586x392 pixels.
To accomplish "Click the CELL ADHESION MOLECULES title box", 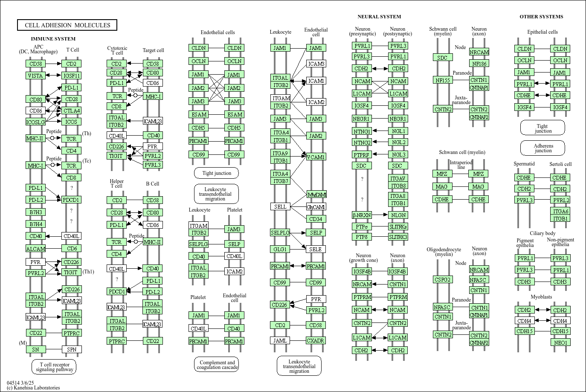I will pyautogui.click(x=67, y=25).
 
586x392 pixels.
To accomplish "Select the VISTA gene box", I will pyautogui.click(x=35, y=75).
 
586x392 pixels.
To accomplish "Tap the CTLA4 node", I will pyautogui.click(x=71, y=110).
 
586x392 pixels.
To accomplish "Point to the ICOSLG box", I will pyautogui.click(x=35, y=122).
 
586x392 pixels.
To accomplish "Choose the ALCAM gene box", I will pyautogui.click(x=35, y=249).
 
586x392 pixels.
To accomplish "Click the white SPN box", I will pyautogui.click(x=71, y=349).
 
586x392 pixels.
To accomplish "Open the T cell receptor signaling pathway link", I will pyautogui.click(x=54, y=367).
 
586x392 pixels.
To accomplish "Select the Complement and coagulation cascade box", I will pyautogui.click(x=217, y=365).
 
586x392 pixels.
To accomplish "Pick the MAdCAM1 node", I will pyautogui.click(x=316, y=195).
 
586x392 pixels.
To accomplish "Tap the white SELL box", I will pyautogui.click(x=280, y=206).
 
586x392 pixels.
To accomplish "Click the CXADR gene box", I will pyautogui.click(x=316, y=340).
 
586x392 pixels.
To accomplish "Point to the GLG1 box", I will pyautogui.click(x=280, y=249).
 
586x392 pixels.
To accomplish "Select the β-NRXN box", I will pyautogui.click(x=362, y=215).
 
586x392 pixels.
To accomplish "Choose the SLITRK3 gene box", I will pyautogui.click(x=397, y=237).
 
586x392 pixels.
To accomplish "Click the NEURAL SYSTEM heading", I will pyautogui.click(x=379, y=17).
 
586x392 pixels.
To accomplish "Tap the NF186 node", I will pyautogui.click(x=479, y=64).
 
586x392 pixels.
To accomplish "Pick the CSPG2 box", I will pyautogui.click(x=443, y=279).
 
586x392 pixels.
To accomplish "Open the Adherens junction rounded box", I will pyautogui.click(x=542, y=148).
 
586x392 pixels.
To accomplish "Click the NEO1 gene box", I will pyautogui.click(x=560, y=343).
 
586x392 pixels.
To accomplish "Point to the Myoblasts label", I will pyautogui.click(x=541, y=297).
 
